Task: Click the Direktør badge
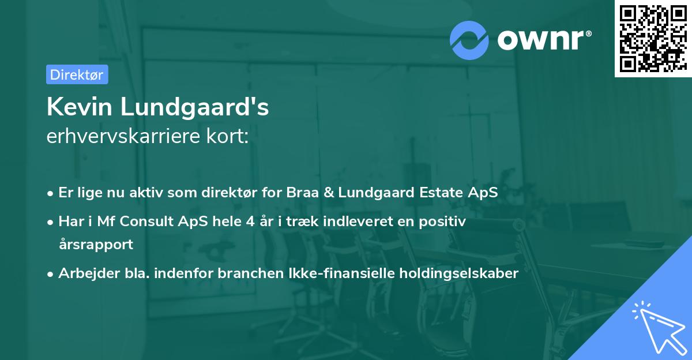77,74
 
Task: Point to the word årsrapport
96,244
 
